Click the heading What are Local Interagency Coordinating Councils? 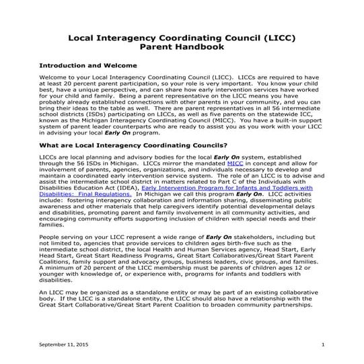tap(133, 145)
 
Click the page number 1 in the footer tap(323, 344)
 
